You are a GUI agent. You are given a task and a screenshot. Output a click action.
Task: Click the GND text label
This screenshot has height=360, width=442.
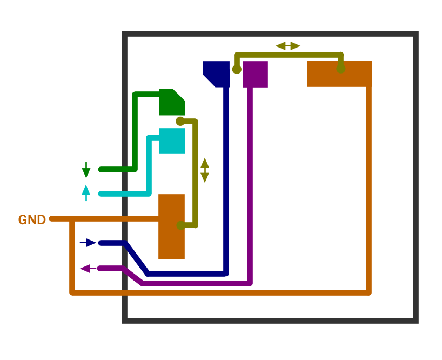click(32, 219)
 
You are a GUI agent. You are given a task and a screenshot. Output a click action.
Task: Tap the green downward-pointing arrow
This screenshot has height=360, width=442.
click(86, 170)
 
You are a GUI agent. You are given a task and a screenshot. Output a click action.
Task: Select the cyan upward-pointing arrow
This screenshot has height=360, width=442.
click(86, 193)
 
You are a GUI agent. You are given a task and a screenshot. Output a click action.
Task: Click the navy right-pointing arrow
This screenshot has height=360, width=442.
click(88, 243)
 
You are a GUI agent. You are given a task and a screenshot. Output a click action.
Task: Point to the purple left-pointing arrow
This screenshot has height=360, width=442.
click(88, 269)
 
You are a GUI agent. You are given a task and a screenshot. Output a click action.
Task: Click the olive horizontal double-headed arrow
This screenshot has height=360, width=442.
click(288, 46)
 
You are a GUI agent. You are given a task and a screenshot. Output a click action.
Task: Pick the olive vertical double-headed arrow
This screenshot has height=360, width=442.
click(205, 170)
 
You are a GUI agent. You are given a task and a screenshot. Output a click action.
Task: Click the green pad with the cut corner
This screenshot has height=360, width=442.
click(172, 102)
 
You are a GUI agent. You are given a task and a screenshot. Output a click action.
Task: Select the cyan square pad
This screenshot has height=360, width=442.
click(172, 141)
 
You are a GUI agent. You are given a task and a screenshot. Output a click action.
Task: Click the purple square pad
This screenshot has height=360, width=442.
click(255, 74)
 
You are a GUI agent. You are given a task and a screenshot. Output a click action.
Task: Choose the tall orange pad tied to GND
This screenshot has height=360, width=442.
click(171, 226)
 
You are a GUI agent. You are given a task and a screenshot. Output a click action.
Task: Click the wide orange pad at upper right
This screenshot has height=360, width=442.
click(339, 74)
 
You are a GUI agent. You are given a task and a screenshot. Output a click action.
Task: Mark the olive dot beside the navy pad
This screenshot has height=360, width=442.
click(237, 69)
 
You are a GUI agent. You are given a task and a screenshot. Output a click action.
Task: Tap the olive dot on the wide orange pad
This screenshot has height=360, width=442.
click(341, 69)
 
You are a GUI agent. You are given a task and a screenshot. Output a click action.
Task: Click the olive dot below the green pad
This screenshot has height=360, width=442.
click(180, 121)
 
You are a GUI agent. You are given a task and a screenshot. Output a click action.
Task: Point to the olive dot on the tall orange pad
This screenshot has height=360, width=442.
click(181, 225)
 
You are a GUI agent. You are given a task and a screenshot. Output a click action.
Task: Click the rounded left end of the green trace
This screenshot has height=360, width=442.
click(101, 169)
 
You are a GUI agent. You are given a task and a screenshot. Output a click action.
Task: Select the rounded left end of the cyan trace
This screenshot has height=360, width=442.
click(101, 194)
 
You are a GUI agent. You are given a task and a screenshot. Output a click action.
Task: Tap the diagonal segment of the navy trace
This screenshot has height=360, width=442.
click(136, 258)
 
